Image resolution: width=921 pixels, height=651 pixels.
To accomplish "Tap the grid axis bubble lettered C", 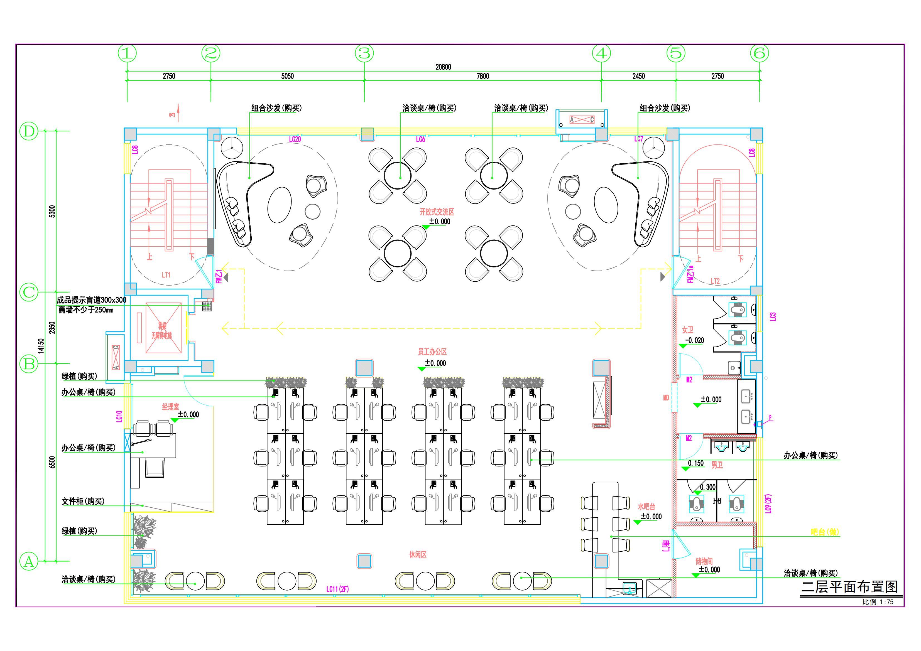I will pos(29,292).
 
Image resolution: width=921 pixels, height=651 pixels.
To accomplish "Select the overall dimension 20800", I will pos(443,67).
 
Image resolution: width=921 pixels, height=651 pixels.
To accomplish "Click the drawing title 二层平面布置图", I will pos(850,587).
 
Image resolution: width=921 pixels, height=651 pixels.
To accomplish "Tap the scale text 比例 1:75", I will pos(878,602).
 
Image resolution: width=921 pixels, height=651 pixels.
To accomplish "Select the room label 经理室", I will pos(170,407).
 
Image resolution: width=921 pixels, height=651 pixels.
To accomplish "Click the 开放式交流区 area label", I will pos(437,212).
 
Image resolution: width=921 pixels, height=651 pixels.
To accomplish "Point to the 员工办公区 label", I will pos(432,352).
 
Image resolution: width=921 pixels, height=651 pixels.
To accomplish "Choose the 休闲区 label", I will pos(418,555).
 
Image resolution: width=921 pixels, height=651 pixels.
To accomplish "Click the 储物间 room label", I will pos(704,561).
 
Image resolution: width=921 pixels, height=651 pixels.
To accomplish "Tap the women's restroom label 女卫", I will pos(687,330).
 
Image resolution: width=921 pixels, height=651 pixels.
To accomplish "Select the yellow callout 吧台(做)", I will pos(825,532).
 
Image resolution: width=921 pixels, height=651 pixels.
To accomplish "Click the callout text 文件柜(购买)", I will pos(83,501).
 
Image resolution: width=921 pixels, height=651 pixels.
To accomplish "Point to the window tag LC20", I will pos(295,139).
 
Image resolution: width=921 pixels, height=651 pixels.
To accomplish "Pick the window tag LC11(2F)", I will pos(337,589).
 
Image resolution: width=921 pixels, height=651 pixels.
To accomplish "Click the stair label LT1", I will pos(166,275).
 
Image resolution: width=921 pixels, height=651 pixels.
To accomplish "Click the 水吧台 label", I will pos(646,507).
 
